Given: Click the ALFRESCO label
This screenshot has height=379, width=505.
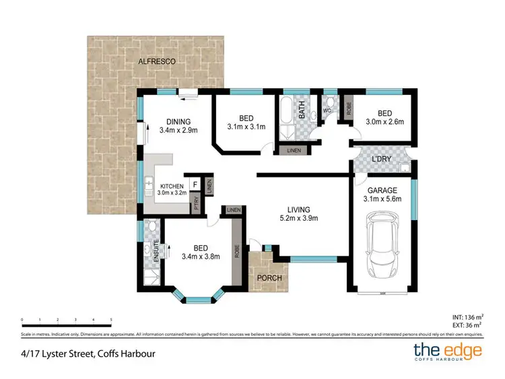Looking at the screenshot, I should pos(156,61).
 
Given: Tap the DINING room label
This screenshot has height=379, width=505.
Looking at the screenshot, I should pos(178,122).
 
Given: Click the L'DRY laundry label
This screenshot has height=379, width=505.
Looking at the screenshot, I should pos(382,160).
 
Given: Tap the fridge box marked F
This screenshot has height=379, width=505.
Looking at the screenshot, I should pos(195,183).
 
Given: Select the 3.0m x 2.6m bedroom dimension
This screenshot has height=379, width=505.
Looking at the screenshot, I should pos(384,122).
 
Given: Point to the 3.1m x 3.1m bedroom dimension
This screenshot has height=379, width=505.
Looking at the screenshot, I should pos(246,126).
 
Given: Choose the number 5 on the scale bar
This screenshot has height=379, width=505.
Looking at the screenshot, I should pos(111,319).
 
